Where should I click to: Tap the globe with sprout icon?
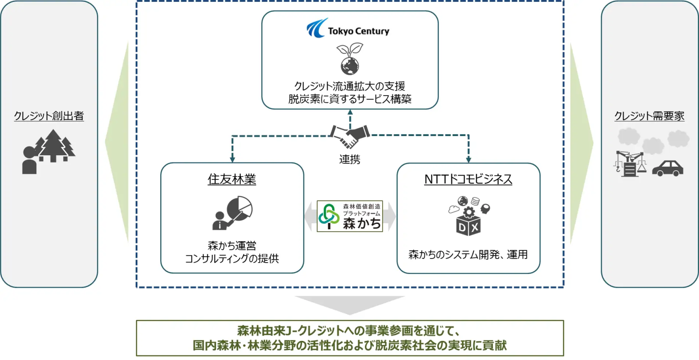tap(349, 59)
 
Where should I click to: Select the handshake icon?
tap(349, 135)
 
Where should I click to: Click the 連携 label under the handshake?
tap(349, 159)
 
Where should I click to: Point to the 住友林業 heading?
tap(232, 179)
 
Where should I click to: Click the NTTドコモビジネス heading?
tap(468, 179)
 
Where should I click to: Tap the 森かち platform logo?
tap(349, 216)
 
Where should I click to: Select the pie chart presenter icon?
tap(233, 213)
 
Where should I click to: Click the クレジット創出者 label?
tap(49, 116)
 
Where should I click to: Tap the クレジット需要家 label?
tap(649, 116)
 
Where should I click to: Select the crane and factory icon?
tap(630, 163)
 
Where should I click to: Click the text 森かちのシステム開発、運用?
tap(468, 254)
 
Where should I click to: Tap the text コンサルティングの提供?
tap(232, 259)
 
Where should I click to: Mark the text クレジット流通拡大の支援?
tap(349, 86)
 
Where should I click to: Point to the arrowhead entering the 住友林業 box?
tap(233, 160)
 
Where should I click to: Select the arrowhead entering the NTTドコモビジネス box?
tap(468, 160)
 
